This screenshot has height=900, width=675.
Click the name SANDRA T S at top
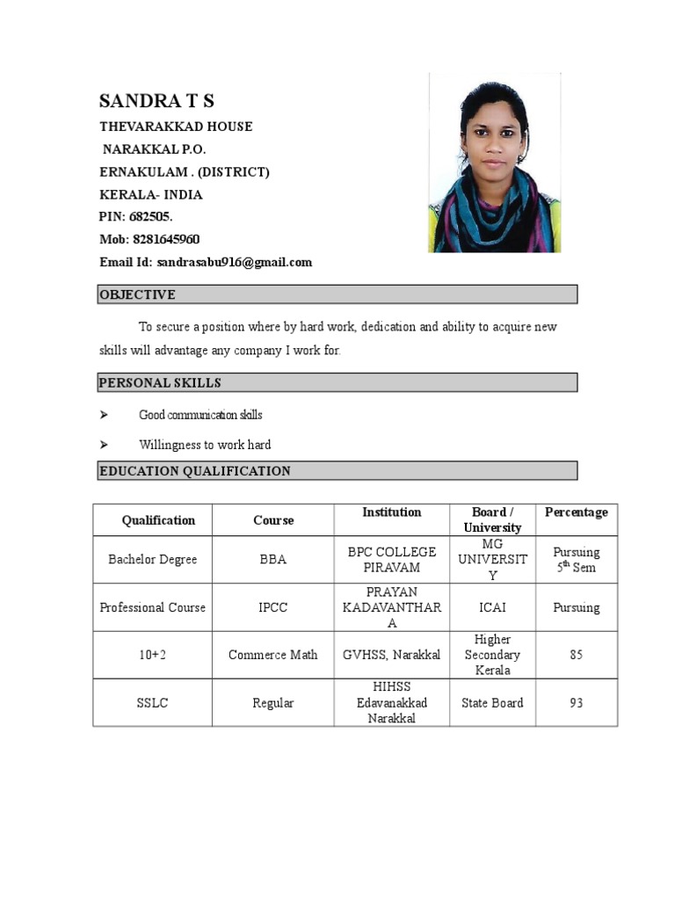[156, 100]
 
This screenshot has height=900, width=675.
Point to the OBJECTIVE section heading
[137, 294]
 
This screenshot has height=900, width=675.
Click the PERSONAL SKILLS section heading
[160, 382]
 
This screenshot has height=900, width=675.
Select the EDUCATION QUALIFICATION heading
[194, 471]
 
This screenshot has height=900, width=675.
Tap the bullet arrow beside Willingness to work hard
[104, 445]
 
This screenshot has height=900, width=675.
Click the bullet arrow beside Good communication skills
[104, 415]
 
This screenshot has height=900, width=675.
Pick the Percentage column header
[576, 512]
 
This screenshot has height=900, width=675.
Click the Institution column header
[391, 512]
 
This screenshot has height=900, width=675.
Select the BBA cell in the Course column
[272, 560]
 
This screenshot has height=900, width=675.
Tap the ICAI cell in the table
[492, 607]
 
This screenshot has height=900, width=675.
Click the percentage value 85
[576, 655]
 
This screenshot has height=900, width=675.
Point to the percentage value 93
[576, 703]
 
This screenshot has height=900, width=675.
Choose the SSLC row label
[153, 703]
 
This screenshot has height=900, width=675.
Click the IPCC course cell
[272, 607]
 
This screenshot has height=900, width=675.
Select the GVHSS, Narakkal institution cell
[392, 655]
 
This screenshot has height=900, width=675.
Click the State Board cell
[492, 703]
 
